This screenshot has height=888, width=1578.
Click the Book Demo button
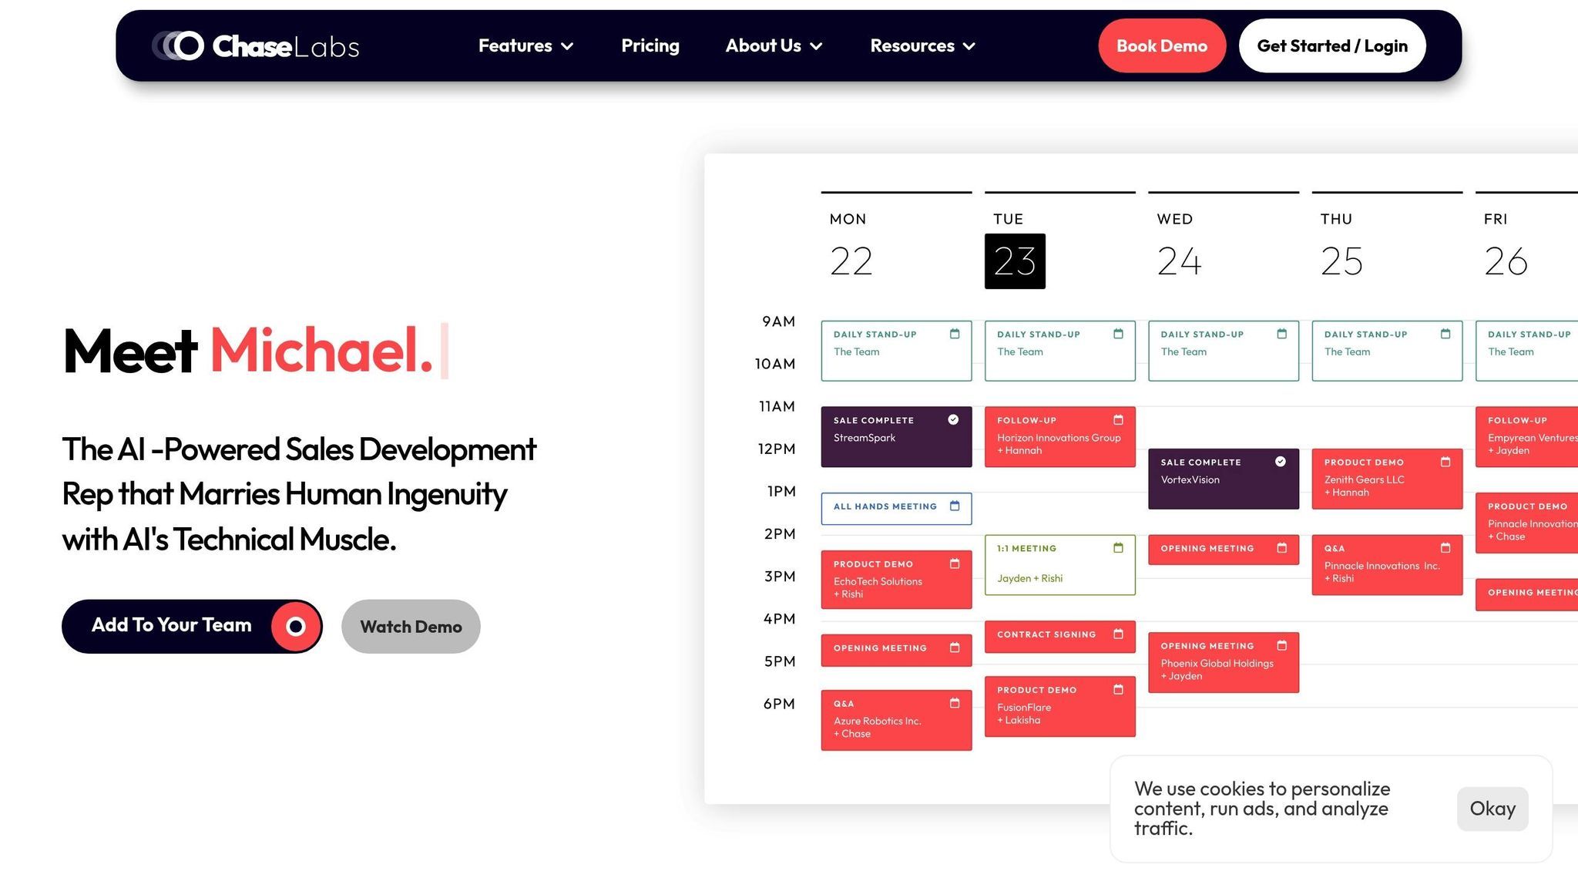tap(1162, 45)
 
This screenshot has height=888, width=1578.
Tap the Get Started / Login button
tap(1332, 45)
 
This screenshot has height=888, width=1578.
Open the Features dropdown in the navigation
tap(525, 45)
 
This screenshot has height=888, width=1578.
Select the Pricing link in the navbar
tap(650, 45)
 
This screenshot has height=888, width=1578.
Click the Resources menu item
tap(922, 45)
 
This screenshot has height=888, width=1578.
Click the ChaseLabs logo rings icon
tap(178, 45)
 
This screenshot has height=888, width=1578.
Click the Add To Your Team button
tap(192, 626)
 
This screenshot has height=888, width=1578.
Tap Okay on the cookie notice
tap(1492, 809)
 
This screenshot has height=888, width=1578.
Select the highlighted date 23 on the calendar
tap(1015, 261)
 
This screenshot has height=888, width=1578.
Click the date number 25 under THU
tap(1341, 261)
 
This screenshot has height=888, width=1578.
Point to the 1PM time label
tap(781, 491)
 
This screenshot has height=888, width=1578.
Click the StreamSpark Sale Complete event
tap(896, 436)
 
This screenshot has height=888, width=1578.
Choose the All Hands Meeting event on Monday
tap(896, 508)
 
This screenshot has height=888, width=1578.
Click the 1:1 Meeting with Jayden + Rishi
tap(1060, 564)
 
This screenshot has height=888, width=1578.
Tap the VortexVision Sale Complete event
tap(1224, 479)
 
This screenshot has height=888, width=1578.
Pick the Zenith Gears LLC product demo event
tap(1387, 479)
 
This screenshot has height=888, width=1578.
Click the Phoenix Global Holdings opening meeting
tap(1224, 662)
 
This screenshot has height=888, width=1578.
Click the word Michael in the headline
tap(321, 351)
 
